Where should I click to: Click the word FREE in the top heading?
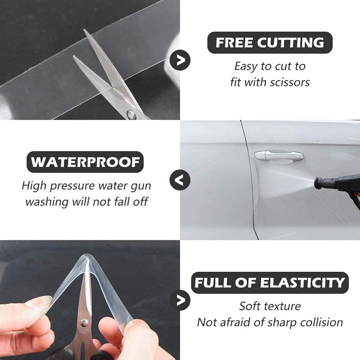[234, 43]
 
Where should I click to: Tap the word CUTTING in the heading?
[290, 43]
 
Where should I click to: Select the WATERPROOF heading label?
[85, 162]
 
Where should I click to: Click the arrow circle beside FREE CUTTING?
[180, 60]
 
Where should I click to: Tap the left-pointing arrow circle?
[180, 180]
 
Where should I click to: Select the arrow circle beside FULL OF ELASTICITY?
[180, 300]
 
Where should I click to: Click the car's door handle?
[279, 156]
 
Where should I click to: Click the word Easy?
[246, 67]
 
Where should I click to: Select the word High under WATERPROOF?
[34, 185]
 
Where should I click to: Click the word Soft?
[251, 306]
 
